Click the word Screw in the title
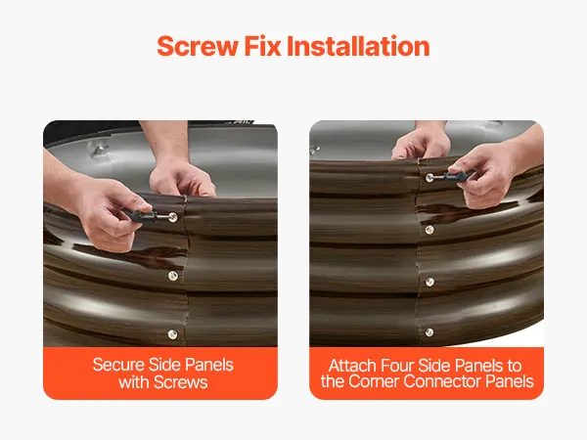coord(198,46)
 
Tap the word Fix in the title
coord(262,46)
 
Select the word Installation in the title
coord(358,46)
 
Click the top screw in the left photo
coord(172,217)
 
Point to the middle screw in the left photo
coord(173,276)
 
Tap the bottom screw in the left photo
coord(172,334)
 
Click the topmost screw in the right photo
coord(429,178)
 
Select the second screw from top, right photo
coord(429,230)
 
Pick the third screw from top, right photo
coord(430,282)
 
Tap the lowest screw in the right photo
coord(429,332)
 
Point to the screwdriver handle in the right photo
coord(457,176)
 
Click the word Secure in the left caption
coord(118,365)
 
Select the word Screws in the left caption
coord(180,382)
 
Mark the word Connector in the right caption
coord(442,381)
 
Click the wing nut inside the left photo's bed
coord(97,150)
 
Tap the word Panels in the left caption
coord(209,365)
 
